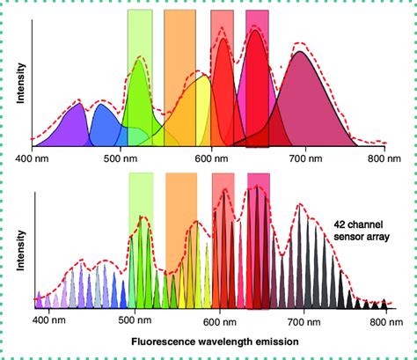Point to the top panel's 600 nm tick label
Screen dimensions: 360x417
pyautogui.click(x=208, y=158)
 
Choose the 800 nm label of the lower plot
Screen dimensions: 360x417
pyautogui.click(x=379, y=320)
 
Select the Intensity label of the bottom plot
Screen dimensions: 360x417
pyautogui.click(x=19, y=251)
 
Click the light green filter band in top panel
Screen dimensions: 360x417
pyautogui.click(x=140, y=35)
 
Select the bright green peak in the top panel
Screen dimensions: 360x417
pyautogui.click(x=138, y=97)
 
